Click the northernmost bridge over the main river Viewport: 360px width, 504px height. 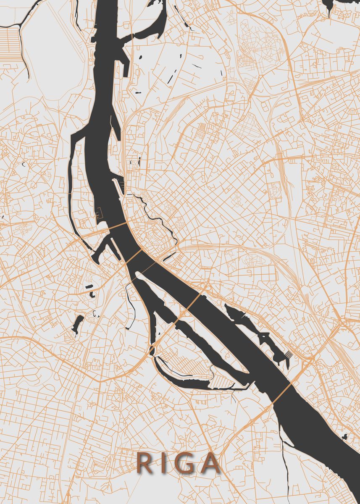coord(115,227)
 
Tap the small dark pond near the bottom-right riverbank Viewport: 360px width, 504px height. coord(345,437)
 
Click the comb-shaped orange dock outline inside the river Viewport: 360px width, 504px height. coord(99,215)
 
